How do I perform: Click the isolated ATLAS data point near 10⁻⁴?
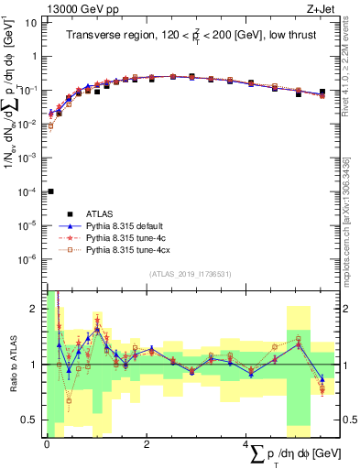(50, 191)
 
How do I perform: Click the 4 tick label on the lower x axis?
(245, 444)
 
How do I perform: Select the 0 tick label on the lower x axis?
(47, 444)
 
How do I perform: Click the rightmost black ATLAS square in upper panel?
(322, 92)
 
